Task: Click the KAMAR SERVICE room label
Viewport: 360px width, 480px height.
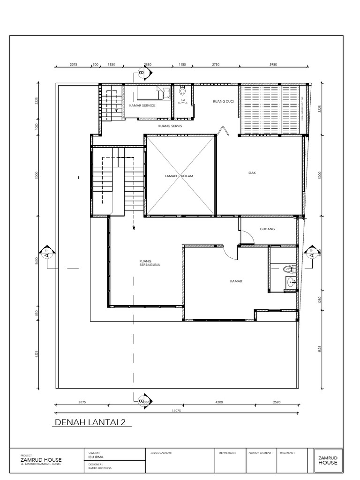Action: click(x=142, y=105)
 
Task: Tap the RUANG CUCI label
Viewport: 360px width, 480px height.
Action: click(x=223, y=101)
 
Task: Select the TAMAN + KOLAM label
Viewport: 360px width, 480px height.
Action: click(x=179, y=176)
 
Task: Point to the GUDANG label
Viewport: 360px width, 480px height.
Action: click(x=267, y=229)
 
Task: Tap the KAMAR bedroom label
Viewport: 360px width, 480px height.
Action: click(x=235, y=281)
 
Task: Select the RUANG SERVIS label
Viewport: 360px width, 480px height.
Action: click(x=170, y=126)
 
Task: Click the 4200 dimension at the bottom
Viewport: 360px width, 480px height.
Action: click(x=218, y=402)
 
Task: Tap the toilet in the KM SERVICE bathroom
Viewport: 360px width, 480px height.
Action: click(x=182, y=91)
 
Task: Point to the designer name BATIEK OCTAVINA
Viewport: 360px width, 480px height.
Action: click(x=100, y=468)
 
